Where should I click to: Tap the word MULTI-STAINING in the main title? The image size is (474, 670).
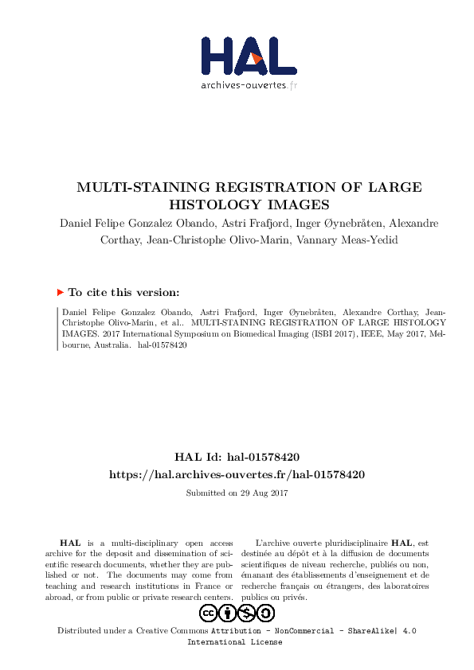coord(133,188)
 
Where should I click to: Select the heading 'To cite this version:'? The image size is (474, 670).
coord(123,292)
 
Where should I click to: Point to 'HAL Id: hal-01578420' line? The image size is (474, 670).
coord(237,457)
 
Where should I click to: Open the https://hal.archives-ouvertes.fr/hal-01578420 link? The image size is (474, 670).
coord(237,474)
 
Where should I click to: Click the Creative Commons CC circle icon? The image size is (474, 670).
coord(209,613)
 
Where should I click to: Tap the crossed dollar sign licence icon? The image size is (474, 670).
coord(247,613)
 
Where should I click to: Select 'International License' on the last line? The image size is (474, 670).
coord(234,641)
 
